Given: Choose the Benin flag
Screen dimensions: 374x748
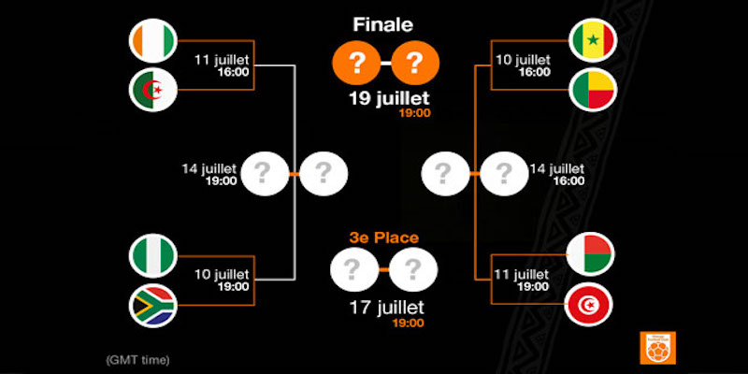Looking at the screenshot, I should point(593,90).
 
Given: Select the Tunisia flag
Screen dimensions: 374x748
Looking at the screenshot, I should point(593,304).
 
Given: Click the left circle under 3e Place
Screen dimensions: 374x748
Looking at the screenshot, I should point(352,271).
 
